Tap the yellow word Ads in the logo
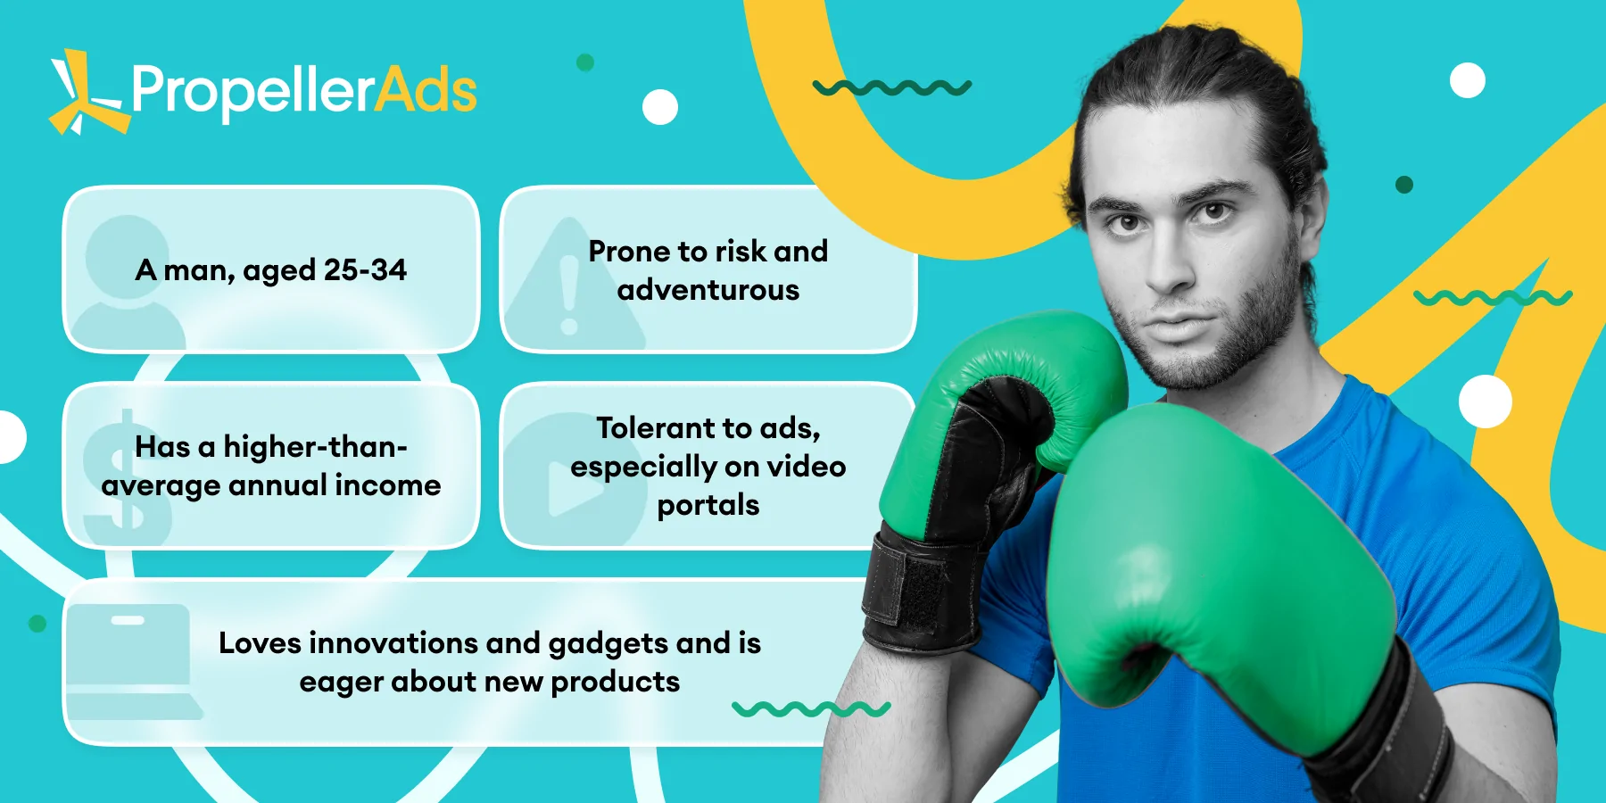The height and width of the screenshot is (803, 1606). (426, 91)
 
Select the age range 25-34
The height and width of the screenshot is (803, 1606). (365, 269)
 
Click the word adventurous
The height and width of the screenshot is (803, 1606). (708, 290)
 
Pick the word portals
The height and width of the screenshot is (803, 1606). (708, 506)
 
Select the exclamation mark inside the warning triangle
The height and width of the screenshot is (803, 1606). (569, 295)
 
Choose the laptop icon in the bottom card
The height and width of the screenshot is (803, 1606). (134, 661)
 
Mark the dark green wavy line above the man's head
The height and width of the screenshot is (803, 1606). (892, 87)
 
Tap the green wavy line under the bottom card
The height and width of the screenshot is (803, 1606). (811, 709)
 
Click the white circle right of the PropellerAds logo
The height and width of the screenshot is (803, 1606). (660, 107)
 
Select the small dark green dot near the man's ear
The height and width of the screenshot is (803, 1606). (1404, 185)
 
